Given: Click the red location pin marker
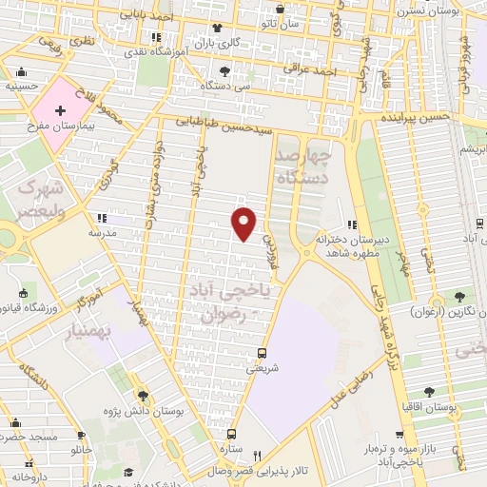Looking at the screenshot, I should (x=244, y=223).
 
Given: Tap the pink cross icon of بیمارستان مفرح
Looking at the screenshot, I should (x=61, y=111).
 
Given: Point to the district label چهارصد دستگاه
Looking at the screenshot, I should (x=304, y=164).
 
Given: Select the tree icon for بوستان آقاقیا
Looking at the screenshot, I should (x=429, y=391).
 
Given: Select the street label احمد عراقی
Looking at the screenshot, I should (x=341, y=71).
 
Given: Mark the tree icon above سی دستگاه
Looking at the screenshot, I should (x=224, y=70).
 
